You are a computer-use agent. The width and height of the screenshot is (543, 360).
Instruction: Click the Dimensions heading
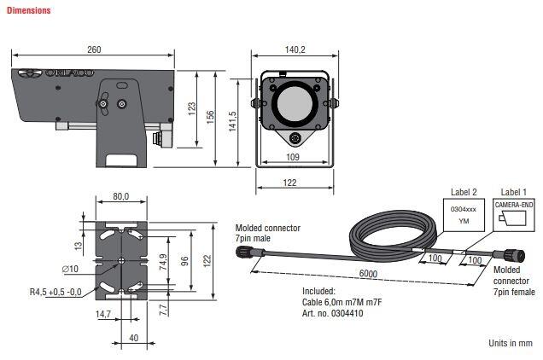(x=29, y=11)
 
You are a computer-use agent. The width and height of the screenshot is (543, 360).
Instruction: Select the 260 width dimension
(x=94, y=49)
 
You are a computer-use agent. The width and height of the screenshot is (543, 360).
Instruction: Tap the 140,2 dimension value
(x=295, y=50)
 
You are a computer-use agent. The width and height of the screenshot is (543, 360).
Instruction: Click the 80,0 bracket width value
(x=121, y=197)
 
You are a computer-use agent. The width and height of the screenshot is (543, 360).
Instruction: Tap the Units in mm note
(x=509, y=343)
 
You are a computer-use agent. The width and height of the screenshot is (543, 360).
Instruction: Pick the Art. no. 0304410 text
(x=339, y=312)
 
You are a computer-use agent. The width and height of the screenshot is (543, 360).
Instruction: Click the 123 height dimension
(x=193, y=108)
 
